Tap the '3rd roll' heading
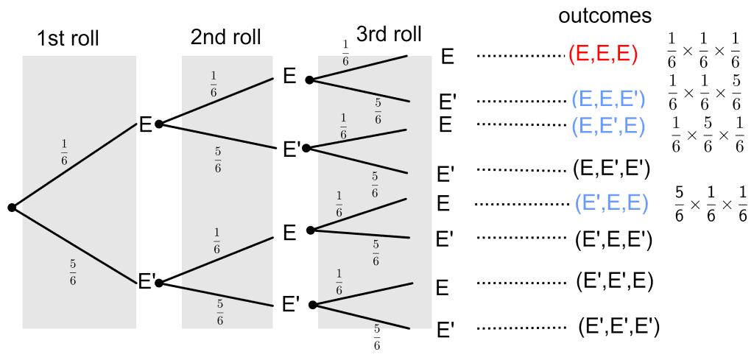coord(389,35)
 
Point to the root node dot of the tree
coord(12,208)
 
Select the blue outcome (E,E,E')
coord(608,99)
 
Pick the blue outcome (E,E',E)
coord(608,126)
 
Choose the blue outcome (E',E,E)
coord(611,202)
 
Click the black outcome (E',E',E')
coord(618,325)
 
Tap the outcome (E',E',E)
coord(614,280)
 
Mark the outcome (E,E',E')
coord(610,170)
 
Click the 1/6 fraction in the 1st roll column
coord(63,156)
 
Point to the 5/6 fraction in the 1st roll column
coord(71,273)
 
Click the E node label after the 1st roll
coord(145,125)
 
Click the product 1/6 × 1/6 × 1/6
coord(703,49)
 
